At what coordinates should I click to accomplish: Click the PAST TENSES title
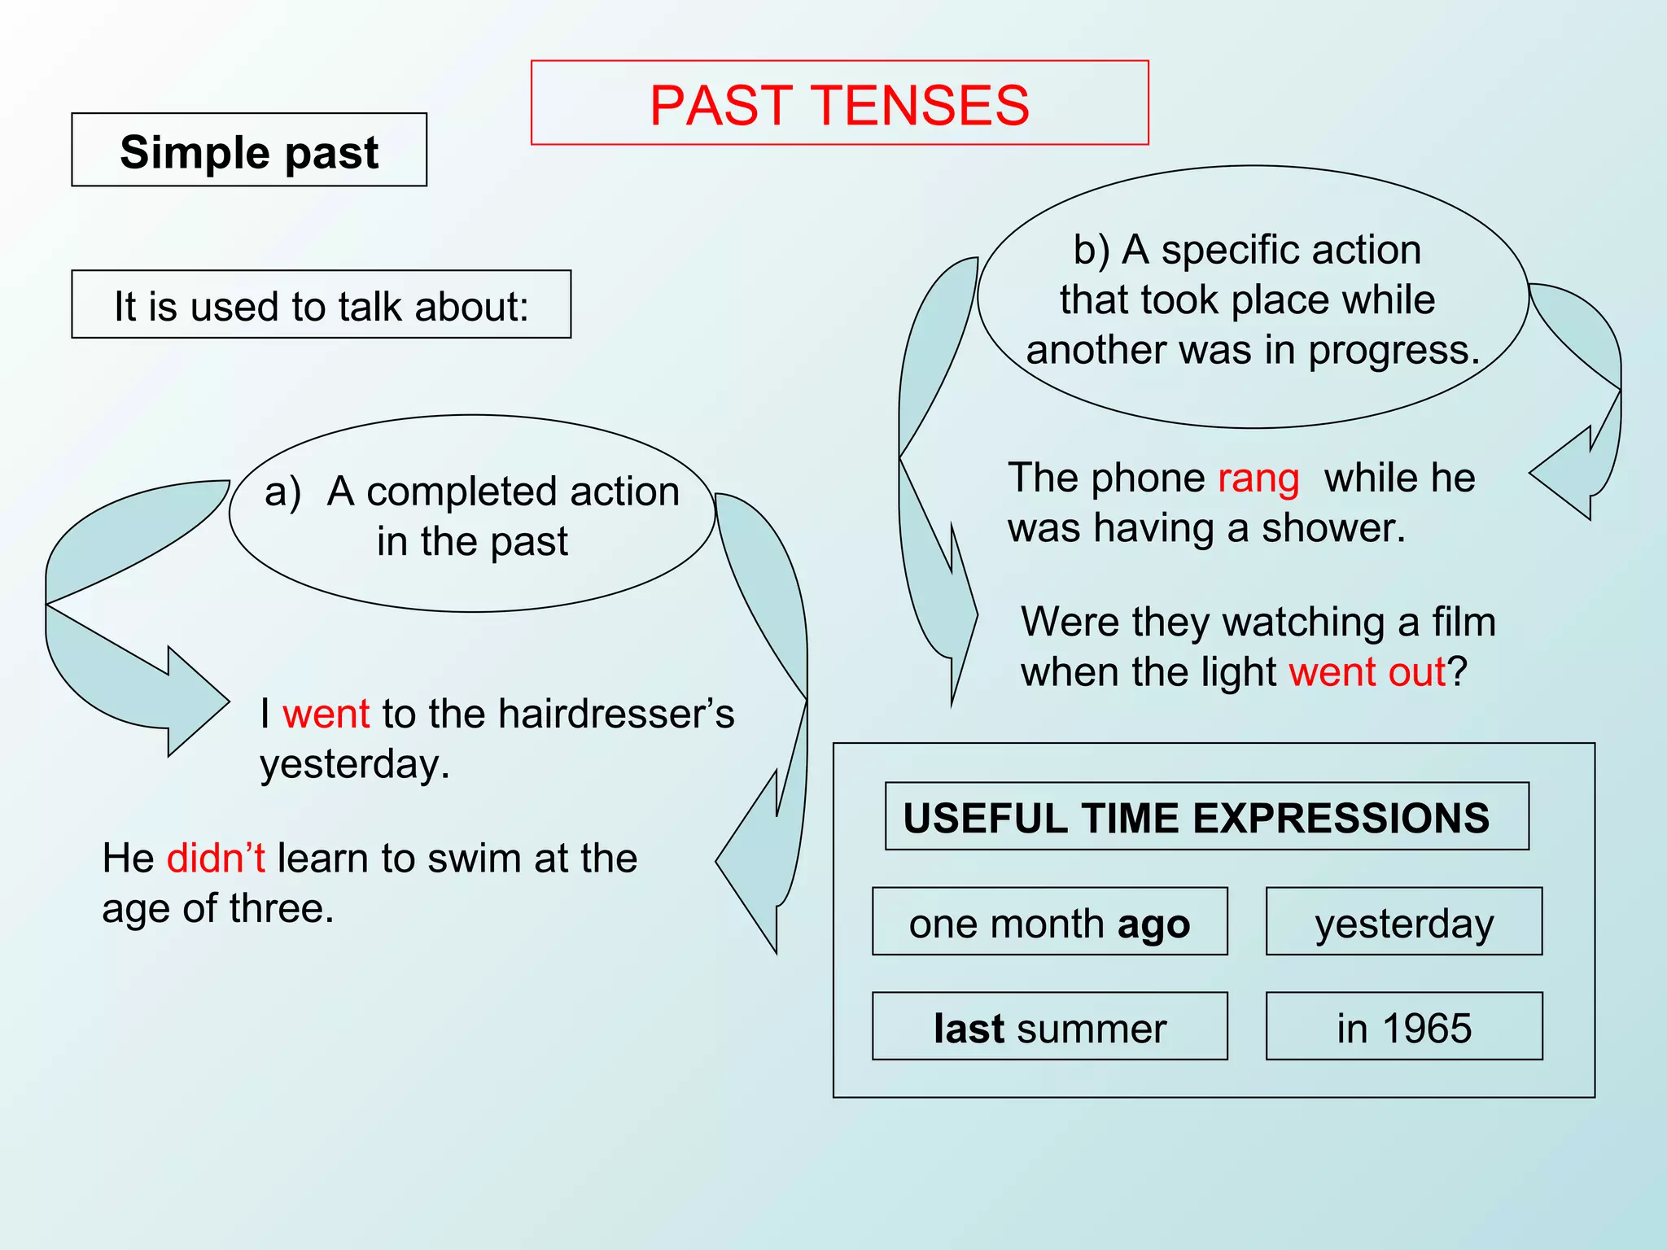(839, 104)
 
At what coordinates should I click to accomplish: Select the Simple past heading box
(249, 151)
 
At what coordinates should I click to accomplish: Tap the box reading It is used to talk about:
(322, 305)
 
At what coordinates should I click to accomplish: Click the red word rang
(1258, 478)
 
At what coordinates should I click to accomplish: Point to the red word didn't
(216, 859)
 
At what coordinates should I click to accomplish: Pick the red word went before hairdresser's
(326, 714)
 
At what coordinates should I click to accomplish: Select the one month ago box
(1049, 922)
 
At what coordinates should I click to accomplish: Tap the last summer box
(1049, 1027)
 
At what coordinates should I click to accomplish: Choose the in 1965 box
(1404, 1027)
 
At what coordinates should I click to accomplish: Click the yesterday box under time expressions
(1404, 922)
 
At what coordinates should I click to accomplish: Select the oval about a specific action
(1253, 298)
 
